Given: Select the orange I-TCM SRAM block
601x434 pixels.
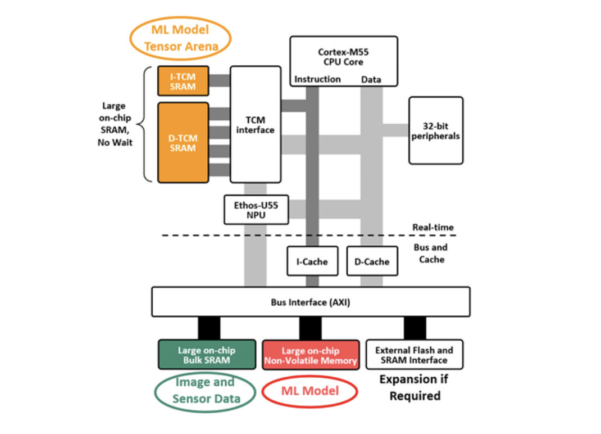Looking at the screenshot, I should (x=183, y=80).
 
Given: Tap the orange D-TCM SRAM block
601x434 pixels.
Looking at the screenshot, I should (x=183, y=142).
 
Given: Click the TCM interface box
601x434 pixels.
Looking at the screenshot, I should (x=255, y=124).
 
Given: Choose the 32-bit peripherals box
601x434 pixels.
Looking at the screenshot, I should (x=436, y=130).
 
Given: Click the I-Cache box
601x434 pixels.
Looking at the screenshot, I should (x=312, y=261).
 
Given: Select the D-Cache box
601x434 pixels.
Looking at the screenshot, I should (x=372, y=261).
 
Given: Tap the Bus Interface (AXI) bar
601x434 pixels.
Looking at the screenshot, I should (x=311, y=302).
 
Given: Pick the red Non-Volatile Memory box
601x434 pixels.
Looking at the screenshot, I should (x=311, y=355).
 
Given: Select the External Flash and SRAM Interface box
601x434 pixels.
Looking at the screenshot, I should (x=414, y=355).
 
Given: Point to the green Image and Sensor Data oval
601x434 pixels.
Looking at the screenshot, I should (x=206, y=391).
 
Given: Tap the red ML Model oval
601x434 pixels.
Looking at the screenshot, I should (x=310, y=390).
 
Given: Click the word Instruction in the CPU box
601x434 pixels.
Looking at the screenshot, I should (x=317, y=79).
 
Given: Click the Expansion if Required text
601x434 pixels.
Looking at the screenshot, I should (x=415, y=387).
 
